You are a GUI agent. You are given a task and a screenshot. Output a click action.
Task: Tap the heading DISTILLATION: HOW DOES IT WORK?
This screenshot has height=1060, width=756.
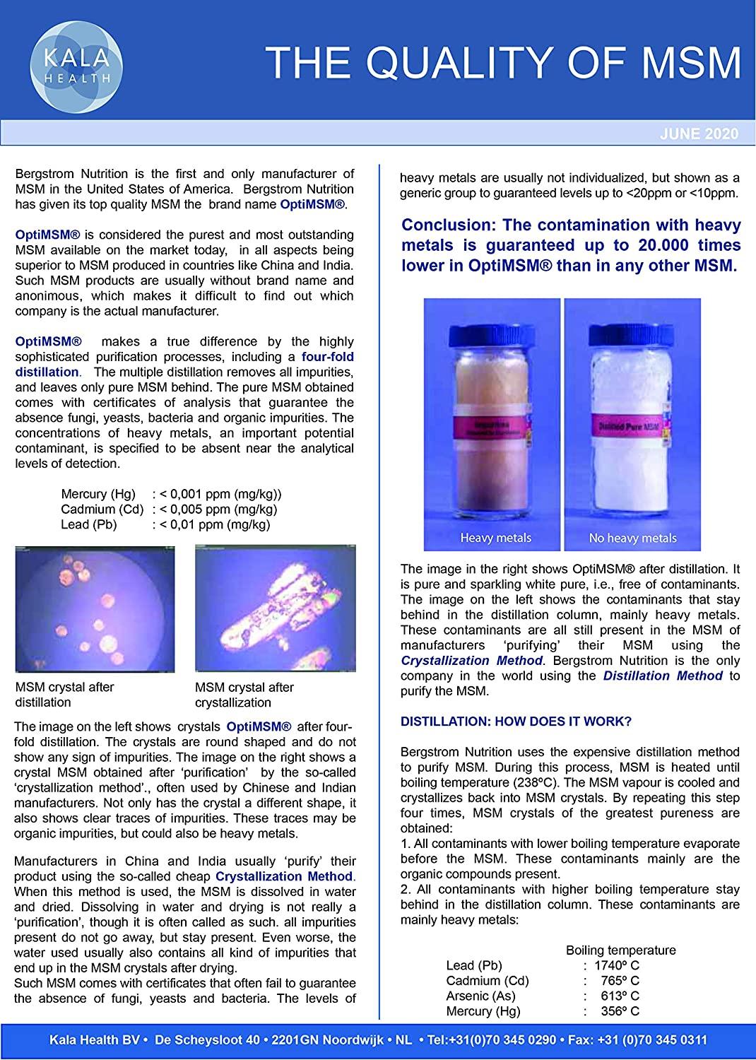(516, 722)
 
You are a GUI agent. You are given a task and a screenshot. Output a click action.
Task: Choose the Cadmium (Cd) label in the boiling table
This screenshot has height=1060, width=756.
(488, 980)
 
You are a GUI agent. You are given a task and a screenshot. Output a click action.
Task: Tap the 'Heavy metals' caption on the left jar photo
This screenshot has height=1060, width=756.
(495, 538)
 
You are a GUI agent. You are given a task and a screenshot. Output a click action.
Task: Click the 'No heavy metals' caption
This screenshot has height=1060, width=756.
(632, 538)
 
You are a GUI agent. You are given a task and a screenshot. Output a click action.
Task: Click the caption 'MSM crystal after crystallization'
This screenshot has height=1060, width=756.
(244, 695)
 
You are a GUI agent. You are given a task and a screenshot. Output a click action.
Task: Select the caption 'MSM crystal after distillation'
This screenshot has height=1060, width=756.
(64, 695)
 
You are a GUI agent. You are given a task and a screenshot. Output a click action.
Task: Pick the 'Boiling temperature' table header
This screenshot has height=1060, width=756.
(620, 950)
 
